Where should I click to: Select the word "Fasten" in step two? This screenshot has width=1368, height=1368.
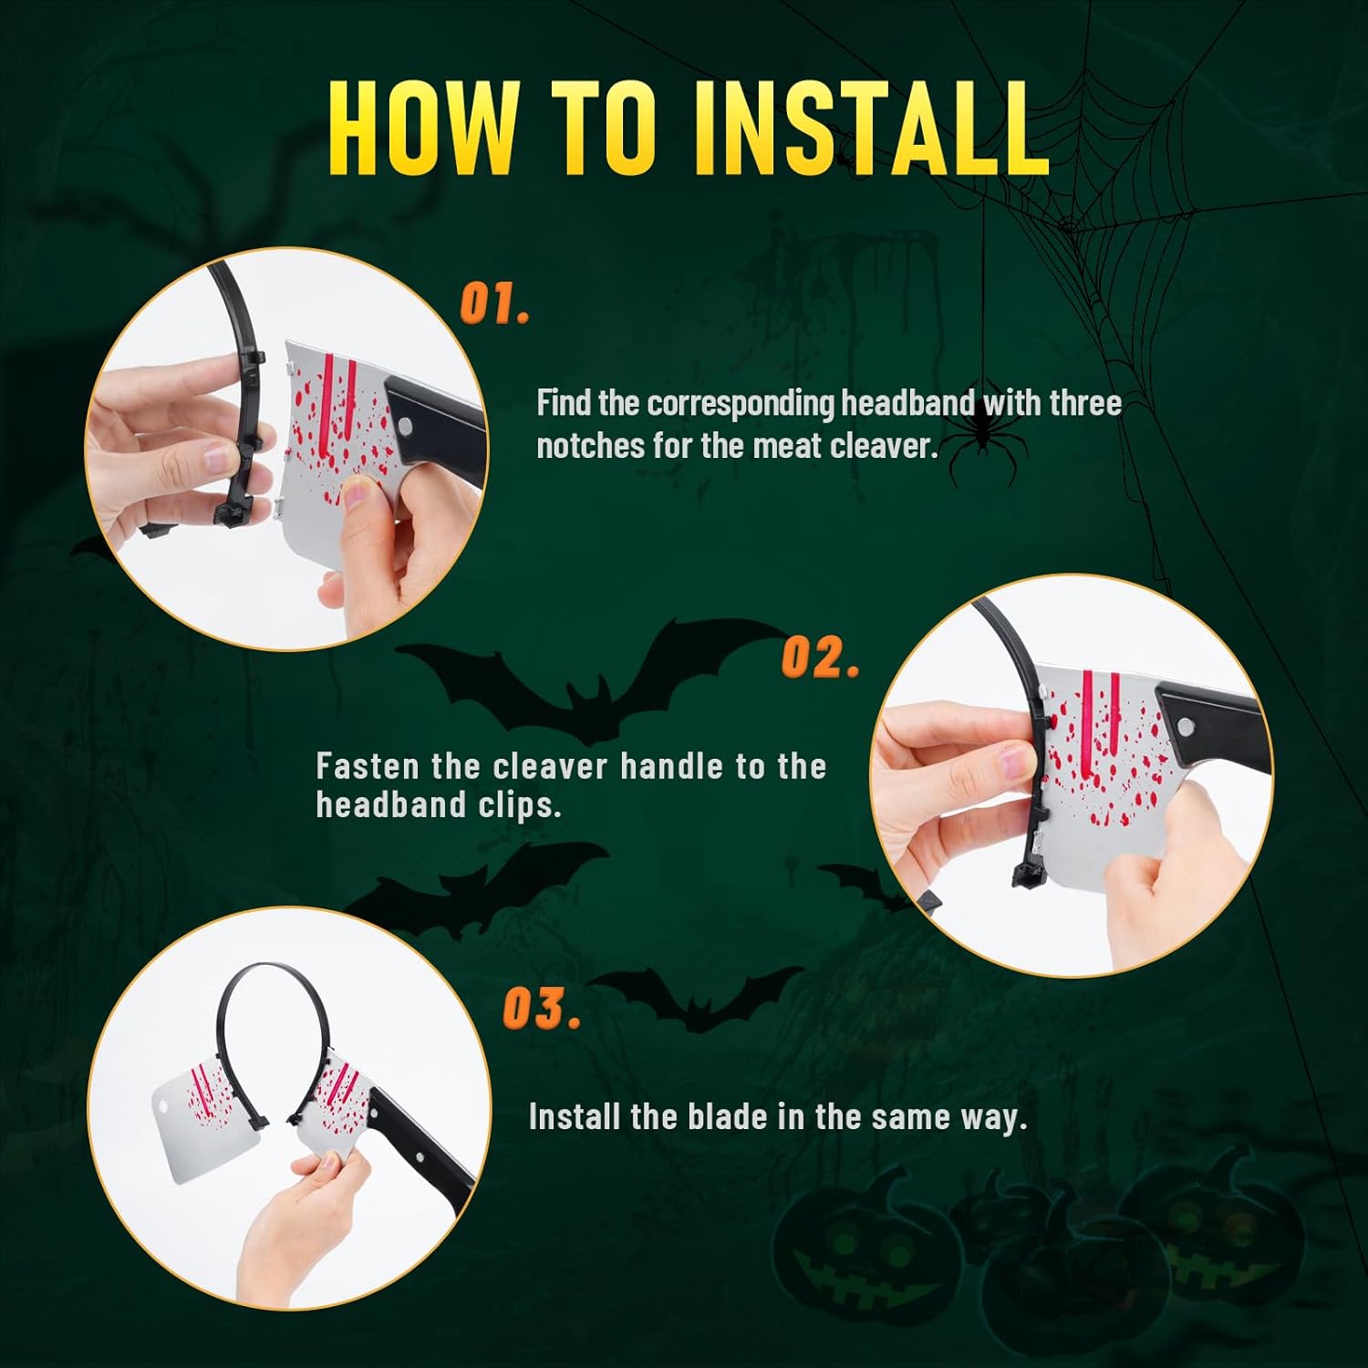point(368,766)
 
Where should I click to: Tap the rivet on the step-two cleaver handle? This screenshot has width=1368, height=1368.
point(1185,727)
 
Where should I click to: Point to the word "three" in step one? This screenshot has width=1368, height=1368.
point(1085,404)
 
